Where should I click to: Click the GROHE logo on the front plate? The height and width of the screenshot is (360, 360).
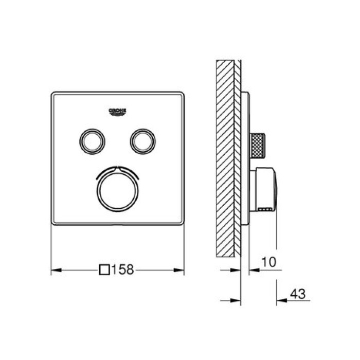tap(117, 112)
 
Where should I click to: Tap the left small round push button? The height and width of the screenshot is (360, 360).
tap(92, 141)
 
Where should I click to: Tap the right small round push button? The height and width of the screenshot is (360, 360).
tap(143, 141)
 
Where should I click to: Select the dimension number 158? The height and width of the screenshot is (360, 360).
tap(122, 269)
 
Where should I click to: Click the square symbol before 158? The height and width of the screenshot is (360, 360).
tap(104, 269)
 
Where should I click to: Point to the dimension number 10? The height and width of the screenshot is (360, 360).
tap(268, 262)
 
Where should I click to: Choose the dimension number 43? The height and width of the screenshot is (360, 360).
tap(298, 294)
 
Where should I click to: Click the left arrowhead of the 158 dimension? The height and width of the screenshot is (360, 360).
tap(56, 270)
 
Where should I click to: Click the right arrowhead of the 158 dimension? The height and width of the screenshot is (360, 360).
tap(179, 270)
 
